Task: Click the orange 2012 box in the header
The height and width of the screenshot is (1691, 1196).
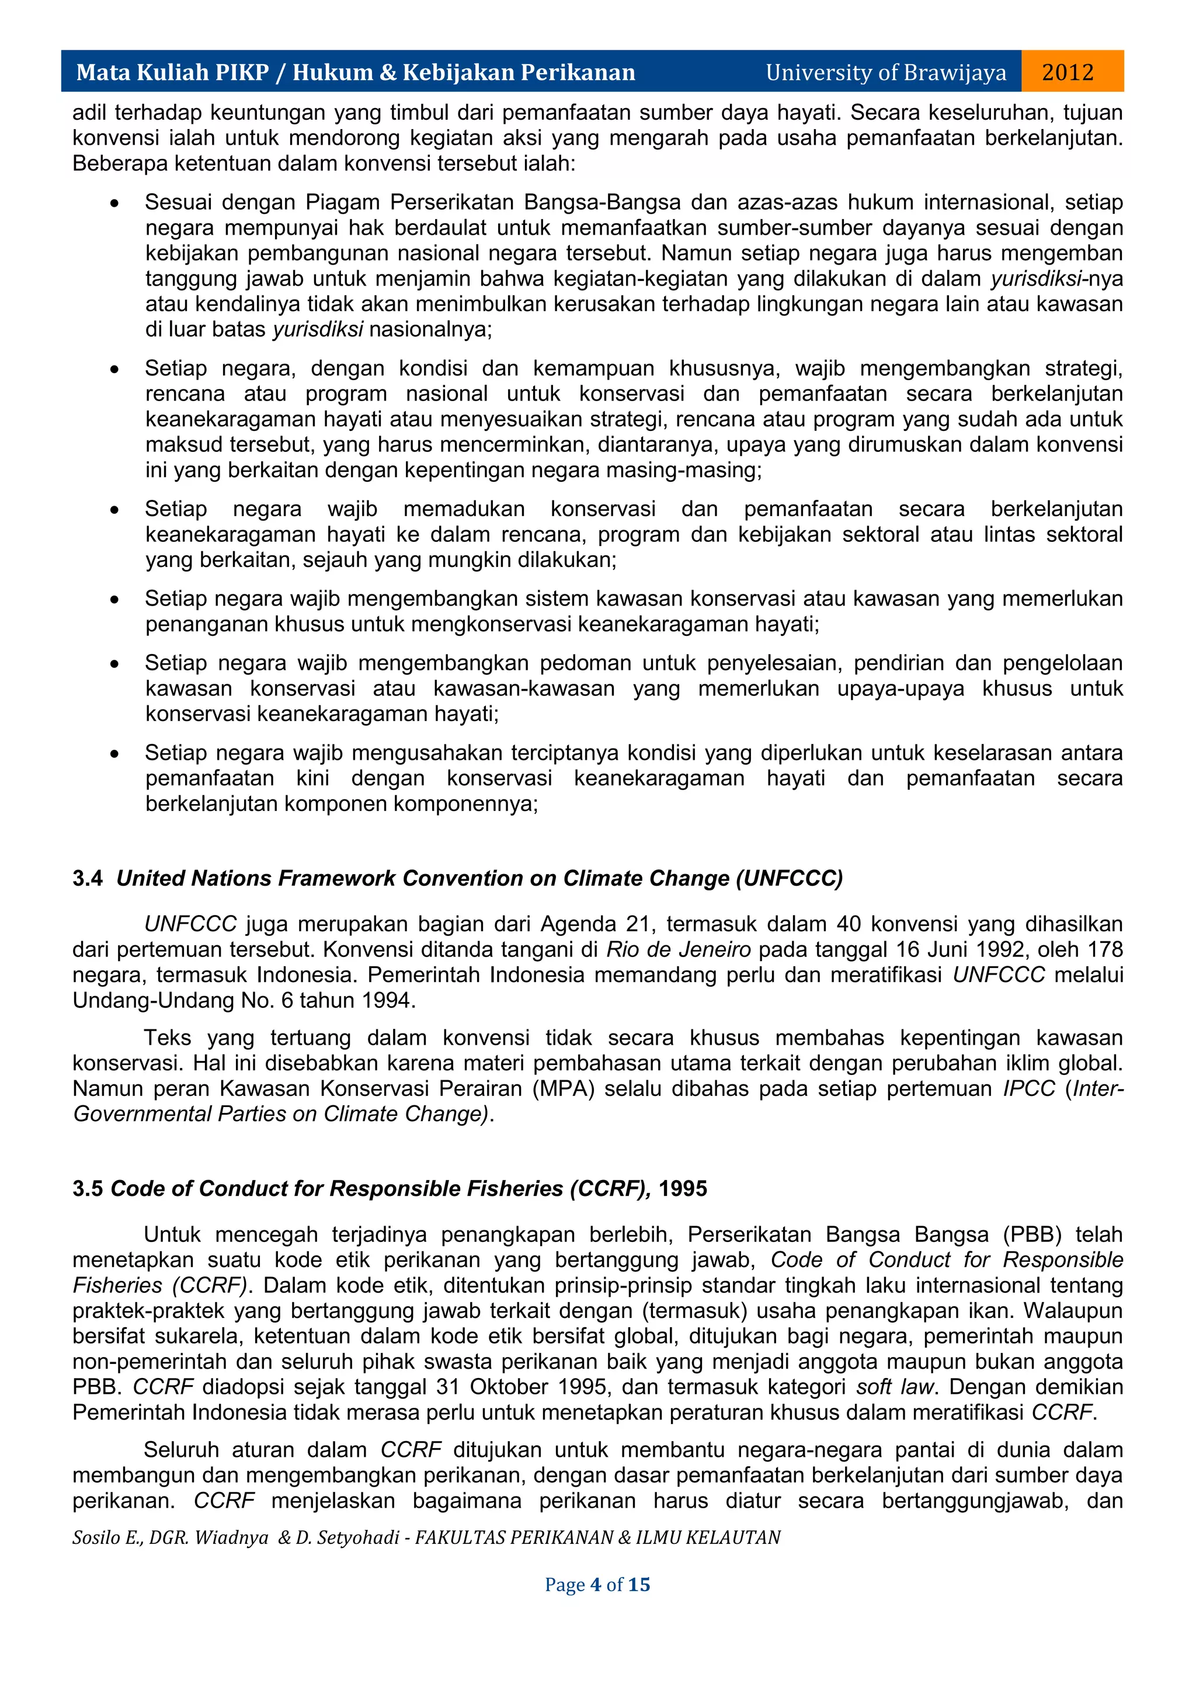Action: pos(1072,71)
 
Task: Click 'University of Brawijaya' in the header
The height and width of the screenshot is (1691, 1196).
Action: pos(885,72)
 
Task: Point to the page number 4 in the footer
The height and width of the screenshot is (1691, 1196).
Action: pos(595,1584)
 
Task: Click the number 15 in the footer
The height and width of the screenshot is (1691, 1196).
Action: pos(638,1584)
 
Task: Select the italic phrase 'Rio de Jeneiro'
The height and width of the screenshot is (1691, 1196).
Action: pos(678,949)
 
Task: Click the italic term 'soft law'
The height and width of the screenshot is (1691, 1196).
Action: pos(895,1387)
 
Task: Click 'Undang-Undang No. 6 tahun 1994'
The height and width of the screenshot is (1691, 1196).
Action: pos(242,1000)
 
